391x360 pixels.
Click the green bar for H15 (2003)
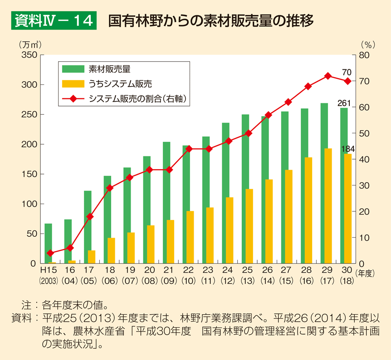click(x=48, y=243)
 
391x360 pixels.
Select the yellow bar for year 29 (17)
click(x=328, y=206)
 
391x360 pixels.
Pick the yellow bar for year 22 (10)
click(x=190, y=237)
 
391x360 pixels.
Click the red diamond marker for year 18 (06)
click(x=109, y=188)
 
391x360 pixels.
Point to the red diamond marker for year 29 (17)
click(x=327, y=76)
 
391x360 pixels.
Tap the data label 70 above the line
click(x=347, y=73)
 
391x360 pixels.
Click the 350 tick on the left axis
click(x=29, y=55)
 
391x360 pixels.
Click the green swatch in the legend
click(x=73, y=69)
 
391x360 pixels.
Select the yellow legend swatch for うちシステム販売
click(x=73, y=84)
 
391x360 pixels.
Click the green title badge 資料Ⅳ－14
click(x=54, y=21)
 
